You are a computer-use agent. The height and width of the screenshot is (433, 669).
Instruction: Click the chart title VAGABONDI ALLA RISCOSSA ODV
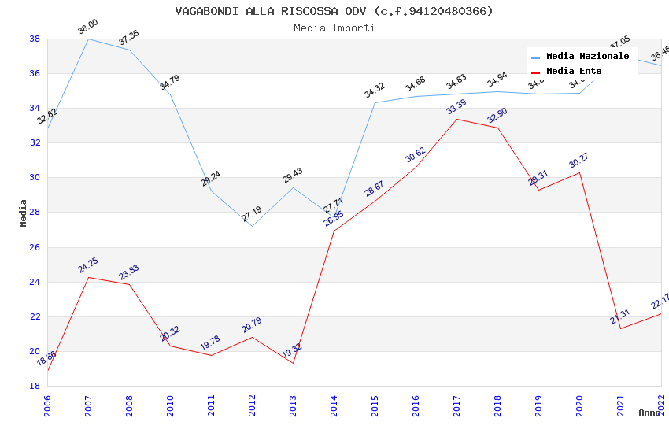click(334, 11)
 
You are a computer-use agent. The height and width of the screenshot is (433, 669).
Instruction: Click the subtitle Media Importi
click(334, 28)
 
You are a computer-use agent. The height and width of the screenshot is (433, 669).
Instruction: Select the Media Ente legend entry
click(574, 72)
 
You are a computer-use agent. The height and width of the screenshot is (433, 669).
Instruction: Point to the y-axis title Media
click(24, 213)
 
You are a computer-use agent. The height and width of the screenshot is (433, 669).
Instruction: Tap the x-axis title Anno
click(649, 413)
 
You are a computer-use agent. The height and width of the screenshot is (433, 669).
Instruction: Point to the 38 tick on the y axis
click(35, 39)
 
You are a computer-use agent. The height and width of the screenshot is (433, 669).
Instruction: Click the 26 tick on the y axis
click(35, 247)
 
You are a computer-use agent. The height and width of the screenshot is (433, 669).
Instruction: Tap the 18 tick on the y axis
click(35, 386)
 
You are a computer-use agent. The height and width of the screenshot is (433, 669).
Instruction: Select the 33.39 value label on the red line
click(456, 107)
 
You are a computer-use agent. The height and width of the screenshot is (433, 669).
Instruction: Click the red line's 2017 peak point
click(456, 119)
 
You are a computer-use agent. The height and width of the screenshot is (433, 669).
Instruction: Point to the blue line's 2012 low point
click(252, 226)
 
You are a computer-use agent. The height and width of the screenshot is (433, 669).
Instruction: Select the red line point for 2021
click(620, 328)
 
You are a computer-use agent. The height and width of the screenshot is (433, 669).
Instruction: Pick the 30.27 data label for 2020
click(578, 161)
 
